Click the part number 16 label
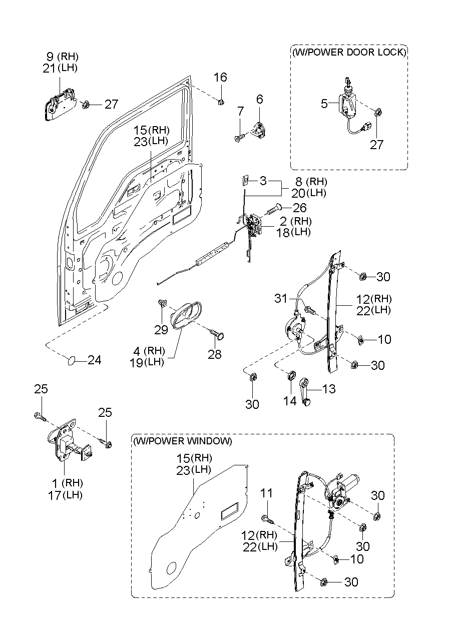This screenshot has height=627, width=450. pyautogui.click(x=220, y=78)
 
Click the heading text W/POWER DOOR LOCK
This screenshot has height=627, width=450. pyautogui.click(x=349, y=52)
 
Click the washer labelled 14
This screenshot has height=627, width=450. pyautogui.click(x=290, y=375)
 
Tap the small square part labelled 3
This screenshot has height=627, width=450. pyautogui.click(x=246, y=180)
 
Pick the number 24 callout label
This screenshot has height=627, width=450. pyautogui.click(x=94, y=360)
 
